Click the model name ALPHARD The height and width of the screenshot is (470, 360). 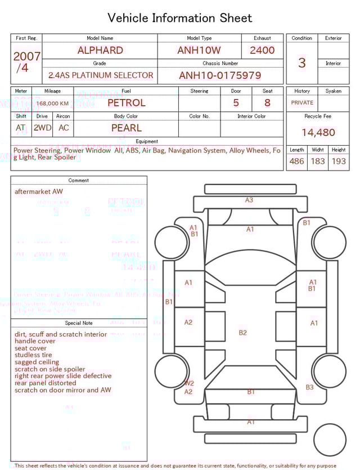click(100, 50)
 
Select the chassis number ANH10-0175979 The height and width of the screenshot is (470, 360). click(220, 75)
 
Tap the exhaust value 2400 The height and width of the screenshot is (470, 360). click(262, 50)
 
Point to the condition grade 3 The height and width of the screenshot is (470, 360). click(301, 63)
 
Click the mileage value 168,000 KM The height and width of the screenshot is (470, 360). click(53, 104)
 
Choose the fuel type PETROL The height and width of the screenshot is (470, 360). click(126, 103)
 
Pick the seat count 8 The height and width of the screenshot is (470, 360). click(267, 103)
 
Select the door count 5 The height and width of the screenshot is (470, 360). click(236, 103)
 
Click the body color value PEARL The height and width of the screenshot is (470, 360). click(126, 128)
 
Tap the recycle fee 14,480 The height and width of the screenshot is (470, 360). click(318, 133)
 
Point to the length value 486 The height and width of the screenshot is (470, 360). click(296, 162)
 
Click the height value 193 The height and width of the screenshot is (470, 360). click(339, 162)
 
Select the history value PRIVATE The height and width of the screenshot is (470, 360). click(302, 103)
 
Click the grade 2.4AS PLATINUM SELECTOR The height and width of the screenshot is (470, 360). click(101, 75)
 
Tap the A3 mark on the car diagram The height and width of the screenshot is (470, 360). click(249, 200)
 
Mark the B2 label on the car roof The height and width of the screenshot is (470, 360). click(242, 333)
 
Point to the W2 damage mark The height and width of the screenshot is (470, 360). click(189, 383)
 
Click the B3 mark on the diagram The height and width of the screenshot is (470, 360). click(309, 387)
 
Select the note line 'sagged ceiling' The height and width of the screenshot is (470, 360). click(37, 362)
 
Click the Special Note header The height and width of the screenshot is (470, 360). click(79, 323)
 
